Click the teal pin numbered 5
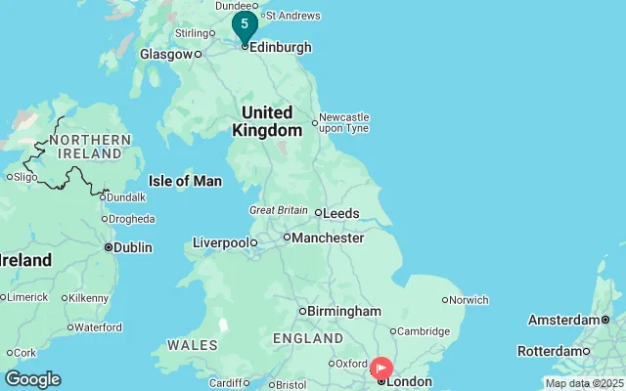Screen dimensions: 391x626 [245, 24]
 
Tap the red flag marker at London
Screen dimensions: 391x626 [381, 369]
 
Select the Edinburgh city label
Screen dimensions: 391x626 [282, 47]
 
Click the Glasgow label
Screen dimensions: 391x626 [165, 55]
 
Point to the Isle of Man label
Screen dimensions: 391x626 [185, 181]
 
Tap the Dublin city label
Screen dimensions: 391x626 [132, 247]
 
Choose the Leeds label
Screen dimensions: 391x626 [341, 213]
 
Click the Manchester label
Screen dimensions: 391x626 [329, 238]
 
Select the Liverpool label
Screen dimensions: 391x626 [221, 242]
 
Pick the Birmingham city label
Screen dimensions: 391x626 [344, 311]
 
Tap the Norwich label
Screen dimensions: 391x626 [469, 300]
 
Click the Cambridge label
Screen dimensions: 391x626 [423, 331]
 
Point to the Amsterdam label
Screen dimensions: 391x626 [563, 320]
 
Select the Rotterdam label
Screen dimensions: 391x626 [549, 351]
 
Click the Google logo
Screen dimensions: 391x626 [32, 379]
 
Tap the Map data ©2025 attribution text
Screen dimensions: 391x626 [584, 383]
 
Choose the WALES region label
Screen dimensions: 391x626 [193, 345]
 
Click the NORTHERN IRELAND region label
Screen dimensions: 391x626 [94, 147]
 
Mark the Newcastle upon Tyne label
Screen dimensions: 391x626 [344, 122]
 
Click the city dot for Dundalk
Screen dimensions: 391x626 [103, 196]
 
